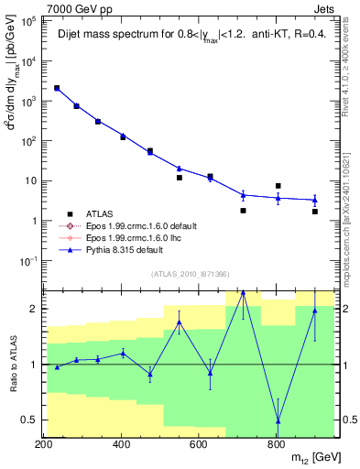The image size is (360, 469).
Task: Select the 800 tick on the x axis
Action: pos(276,444)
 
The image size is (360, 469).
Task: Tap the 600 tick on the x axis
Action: pos(199,444)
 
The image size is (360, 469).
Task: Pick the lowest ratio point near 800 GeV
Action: pos(278,420)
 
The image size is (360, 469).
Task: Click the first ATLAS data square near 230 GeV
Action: pos(57,88)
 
